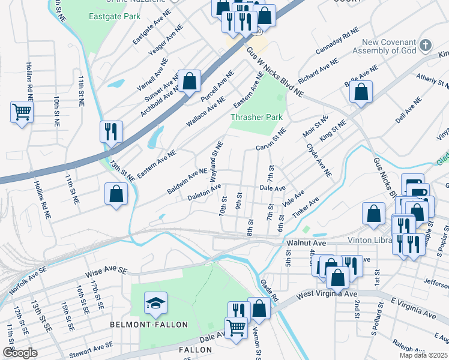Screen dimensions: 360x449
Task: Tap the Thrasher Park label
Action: [x=256, y=117]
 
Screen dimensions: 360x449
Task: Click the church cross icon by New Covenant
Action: [x=425, y=45]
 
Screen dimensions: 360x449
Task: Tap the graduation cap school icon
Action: [x=155, y=303]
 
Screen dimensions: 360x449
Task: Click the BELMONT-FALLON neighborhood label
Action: [x=149, y=325]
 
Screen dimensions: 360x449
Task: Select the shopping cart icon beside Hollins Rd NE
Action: [x=22, y=112]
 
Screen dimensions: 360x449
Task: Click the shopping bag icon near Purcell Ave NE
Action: [x=189, y=81]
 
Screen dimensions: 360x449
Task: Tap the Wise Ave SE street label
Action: [x=107, y=271]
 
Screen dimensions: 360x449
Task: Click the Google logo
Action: [x=20, y=353]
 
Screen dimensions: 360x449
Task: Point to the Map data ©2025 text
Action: [x=423, y=355]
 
